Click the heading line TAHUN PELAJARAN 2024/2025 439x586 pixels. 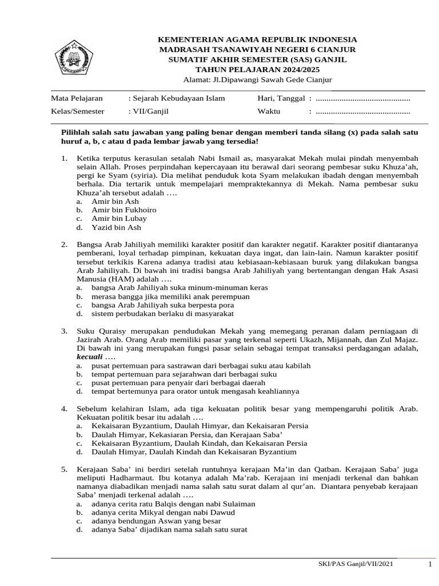(257, 69)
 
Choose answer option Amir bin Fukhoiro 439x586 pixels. (123, 210)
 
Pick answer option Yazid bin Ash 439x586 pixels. (116, 227)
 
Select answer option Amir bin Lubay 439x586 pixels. (119, 219)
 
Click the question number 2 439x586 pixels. (65, 245)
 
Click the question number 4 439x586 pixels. (65, 409)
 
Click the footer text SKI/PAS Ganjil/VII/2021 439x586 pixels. (355, 564)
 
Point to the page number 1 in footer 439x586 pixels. (429, 565)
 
